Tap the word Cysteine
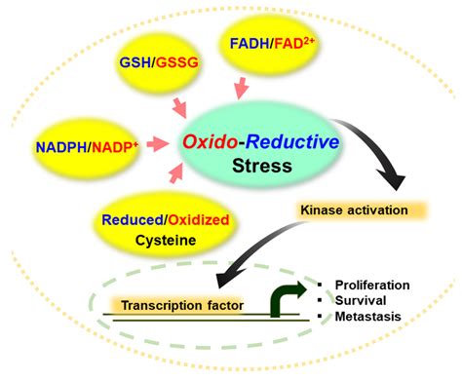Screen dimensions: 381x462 tap(165, 239)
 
